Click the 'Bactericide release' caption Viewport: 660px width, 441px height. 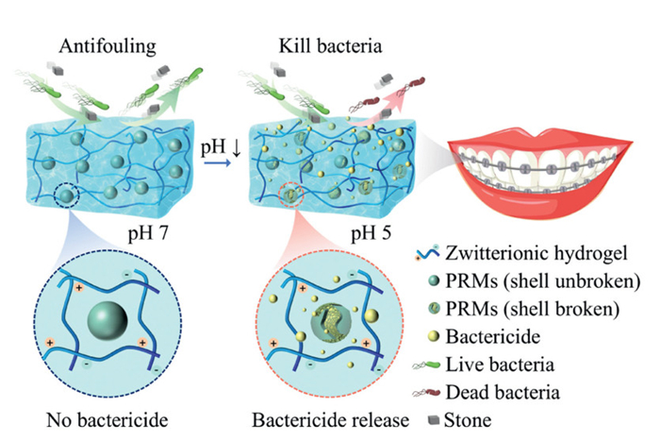[317, 419]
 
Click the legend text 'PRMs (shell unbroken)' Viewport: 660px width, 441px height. [538, 281]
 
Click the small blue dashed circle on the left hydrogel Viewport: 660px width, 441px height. [65, 197]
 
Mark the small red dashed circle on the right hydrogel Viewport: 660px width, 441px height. [289, 196]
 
